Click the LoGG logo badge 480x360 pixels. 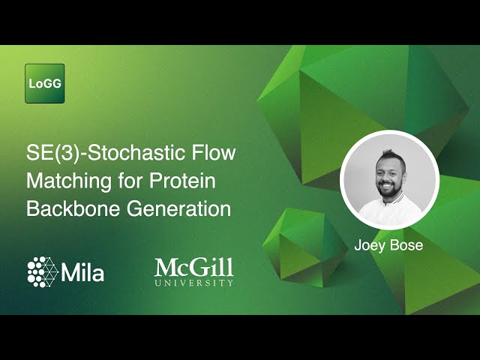pos(45,83)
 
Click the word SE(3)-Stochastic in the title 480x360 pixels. pos(97,154)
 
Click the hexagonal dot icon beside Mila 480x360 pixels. pos(43,270)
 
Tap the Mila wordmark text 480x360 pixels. pos(84,271)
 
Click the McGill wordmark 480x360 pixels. pos(193,267)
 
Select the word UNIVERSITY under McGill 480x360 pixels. pos(194,283)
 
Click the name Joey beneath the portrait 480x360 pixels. pos(370,244)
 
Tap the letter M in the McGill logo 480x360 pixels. pos(166,267)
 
